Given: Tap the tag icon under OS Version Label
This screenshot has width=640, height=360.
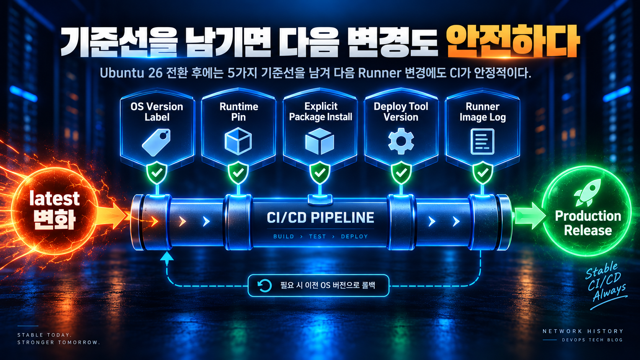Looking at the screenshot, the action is [156, 142].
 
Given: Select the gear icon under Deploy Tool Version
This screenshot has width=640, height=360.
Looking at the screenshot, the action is [401, 141].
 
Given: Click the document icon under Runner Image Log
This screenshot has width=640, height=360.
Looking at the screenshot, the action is [482, 142].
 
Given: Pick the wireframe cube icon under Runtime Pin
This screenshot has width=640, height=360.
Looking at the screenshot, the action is [238, 141].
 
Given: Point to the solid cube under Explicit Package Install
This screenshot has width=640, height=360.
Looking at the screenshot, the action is [320, 141].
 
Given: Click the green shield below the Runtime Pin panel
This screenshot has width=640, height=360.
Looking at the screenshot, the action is [238, 173].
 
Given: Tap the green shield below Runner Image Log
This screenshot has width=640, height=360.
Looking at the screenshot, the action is [483, 173].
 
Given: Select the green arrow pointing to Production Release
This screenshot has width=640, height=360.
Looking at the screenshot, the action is [530, 216].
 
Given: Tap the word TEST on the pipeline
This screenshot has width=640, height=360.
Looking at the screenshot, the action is [317, 236].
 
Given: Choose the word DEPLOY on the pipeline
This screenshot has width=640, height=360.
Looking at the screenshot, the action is [354, 236].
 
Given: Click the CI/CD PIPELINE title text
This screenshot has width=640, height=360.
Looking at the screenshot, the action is [320, 218].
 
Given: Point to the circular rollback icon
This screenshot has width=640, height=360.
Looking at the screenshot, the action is [264, 285].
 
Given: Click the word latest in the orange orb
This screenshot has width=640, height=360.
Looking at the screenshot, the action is [54, 199].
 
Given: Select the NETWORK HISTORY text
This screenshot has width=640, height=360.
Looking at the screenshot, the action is [583, 331].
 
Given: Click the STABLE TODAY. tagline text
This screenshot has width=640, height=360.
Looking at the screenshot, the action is [44, 335].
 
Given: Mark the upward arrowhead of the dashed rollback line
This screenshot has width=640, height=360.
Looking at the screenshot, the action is [167, 256].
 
